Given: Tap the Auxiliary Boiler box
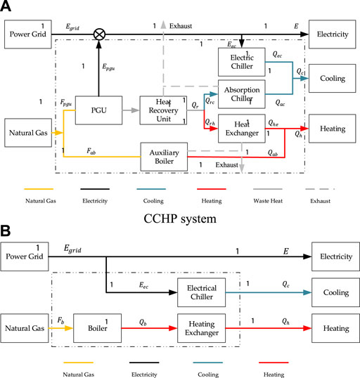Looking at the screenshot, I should [x=163, y=156].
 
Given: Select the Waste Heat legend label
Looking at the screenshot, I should [x=283, y=202].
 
